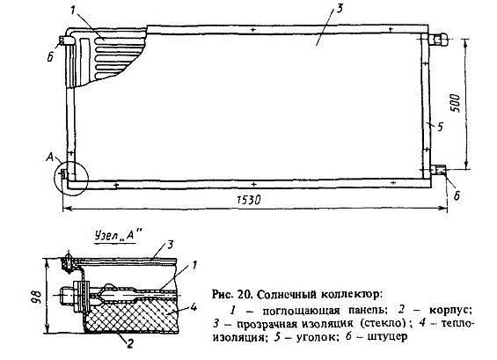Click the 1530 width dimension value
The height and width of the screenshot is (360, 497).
click(x=249, y=200)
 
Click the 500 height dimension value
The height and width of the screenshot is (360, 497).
click(x=455, y=103)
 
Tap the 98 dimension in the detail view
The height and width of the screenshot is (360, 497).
click(x=37, y=296)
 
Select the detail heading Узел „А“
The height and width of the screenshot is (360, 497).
click(x=116, y=236)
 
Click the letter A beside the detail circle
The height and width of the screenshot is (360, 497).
click(x=50, y=157)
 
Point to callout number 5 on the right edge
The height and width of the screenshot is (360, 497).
click(x=440, y=128)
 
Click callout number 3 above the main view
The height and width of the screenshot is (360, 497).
click(x=339, y=8)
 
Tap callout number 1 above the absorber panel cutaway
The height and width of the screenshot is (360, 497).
click(x=73, y=11)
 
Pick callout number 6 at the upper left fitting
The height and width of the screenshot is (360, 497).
click(x=50, y=58)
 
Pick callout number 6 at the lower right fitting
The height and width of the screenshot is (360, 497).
click(x=457, y=196)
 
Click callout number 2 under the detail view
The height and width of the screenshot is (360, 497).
click(x=130, y=343)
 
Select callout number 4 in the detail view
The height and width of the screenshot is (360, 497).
click(x=194, y=308)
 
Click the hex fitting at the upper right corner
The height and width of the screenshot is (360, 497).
click(x=438, y=40)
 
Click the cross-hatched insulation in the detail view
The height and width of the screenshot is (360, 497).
click(x=133, y=316)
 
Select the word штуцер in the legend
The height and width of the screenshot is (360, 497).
click(x=387, y=337)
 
